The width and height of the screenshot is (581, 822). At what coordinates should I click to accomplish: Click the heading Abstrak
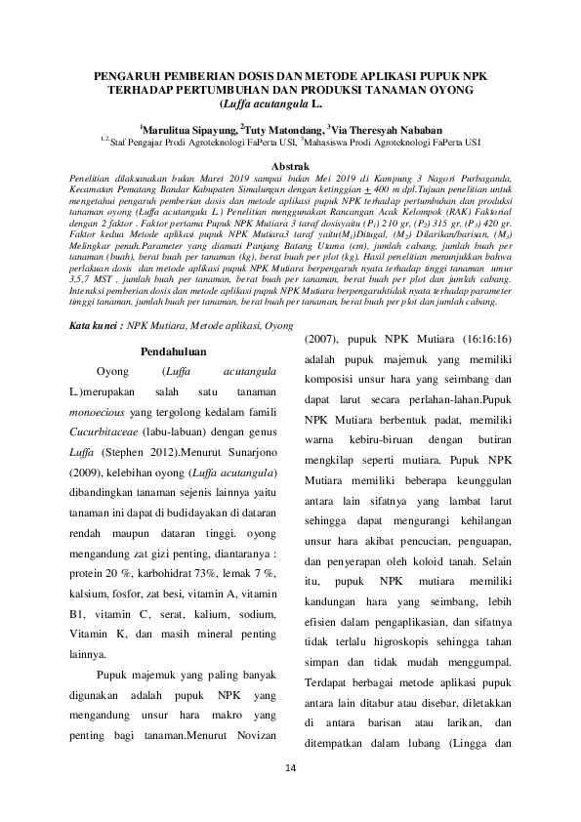289,167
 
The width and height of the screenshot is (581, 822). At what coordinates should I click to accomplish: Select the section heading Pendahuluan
173,349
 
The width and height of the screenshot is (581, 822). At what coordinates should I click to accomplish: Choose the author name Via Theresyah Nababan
386,129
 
